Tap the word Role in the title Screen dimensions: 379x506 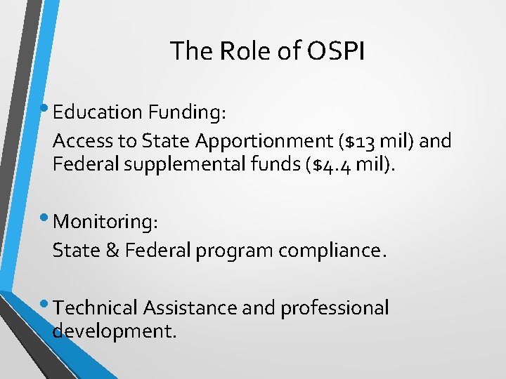[242, 51]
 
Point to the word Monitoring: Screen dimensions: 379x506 [105, 222]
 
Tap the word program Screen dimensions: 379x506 [236, 251]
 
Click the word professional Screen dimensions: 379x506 [335, 308]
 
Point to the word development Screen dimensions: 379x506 [114, 331]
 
